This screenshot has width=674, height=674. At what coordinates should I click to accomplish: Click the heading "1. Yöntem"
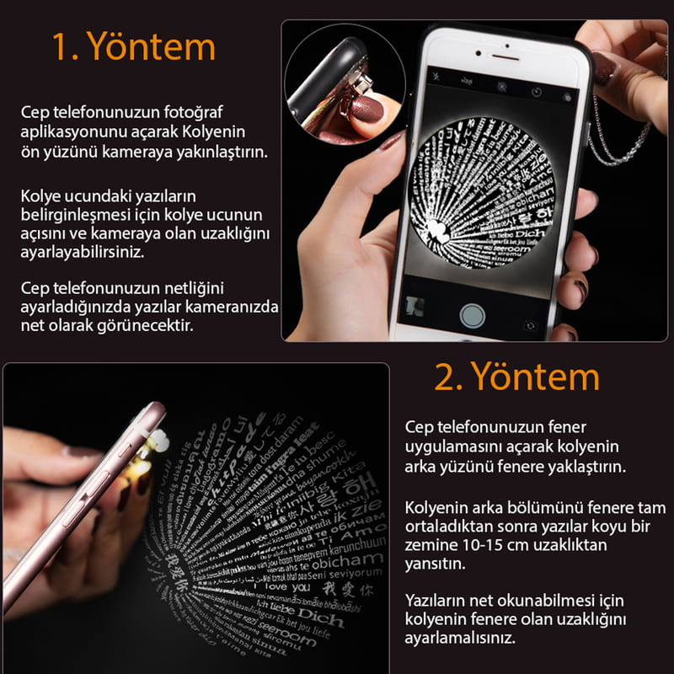point(134,47)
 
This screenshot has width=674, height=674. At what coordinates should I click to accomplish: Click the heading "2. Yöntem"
point(516,376)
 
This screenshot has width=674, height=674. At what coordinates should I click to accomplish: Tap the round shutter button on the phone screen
point(472,314)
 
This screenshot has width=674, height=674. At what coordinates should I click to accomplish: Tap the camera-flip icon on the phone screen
point(530,325)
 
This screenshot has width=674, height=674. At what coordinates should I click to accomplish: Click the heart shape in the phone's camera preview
point(438,230)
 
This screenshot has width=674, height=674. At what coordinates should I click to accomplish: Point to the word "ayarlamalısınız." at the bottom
point(459,638)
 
